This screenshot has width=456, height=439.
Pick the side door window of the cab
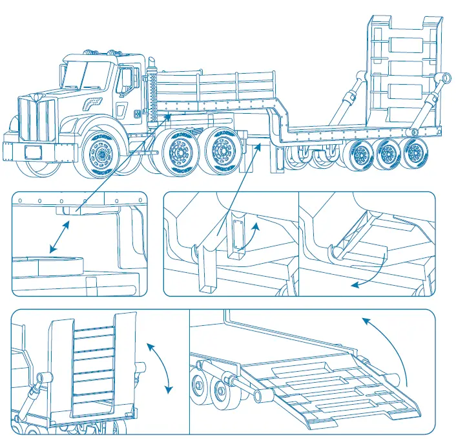(x=125, y=80)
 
